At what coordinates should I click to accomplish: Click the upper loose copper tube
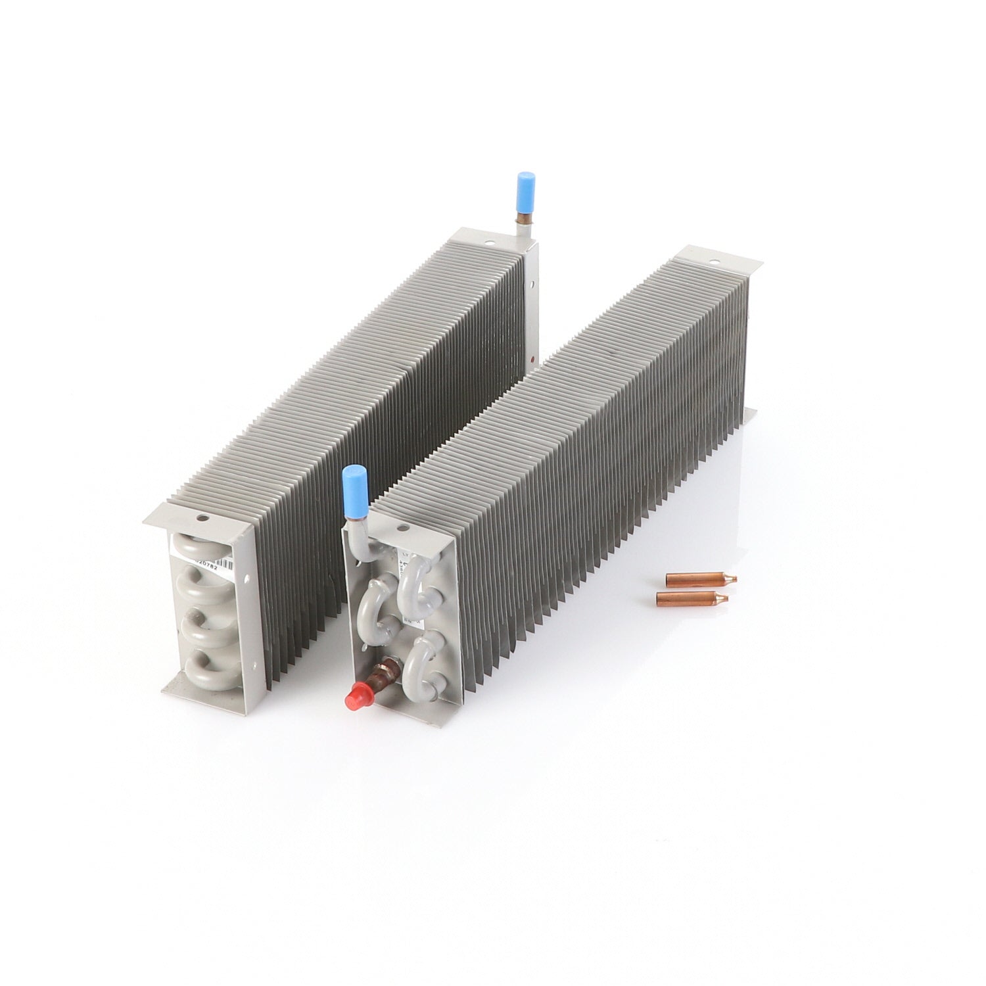[701, 579]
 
